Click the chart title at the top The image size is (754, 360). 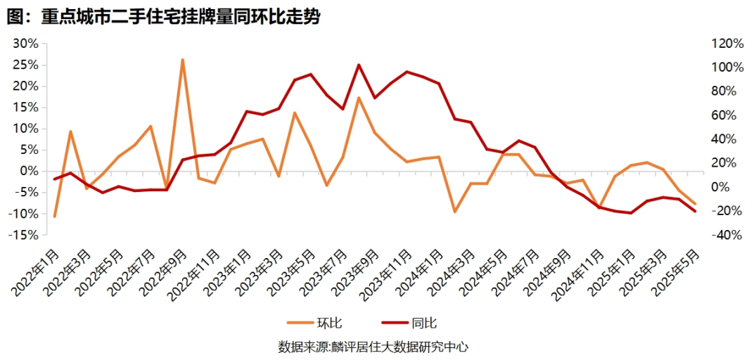(x=163, y=17)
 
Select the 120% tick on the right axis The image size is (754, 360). (x=727, y=44)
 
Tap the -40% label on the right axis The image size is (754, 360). (x=727, y=235)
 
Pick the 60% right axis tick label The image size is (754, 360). (x=724, y=115)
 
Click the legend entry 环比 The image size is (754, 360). (x=315, y=323)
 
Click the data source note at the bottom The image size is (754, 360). (x=373, y=347)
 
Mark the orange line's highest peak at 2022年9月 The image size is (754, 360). (x=182, y=60)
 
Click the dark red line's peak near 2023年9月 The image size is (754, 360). (x=359, y=65)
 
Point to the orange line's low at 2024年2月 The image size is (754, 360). (x=455, y=212)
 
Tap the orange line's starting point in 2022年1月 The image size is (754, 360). (x=54, y=217)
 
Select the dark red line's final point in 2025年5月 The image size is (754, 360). (x=695, y=211)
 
